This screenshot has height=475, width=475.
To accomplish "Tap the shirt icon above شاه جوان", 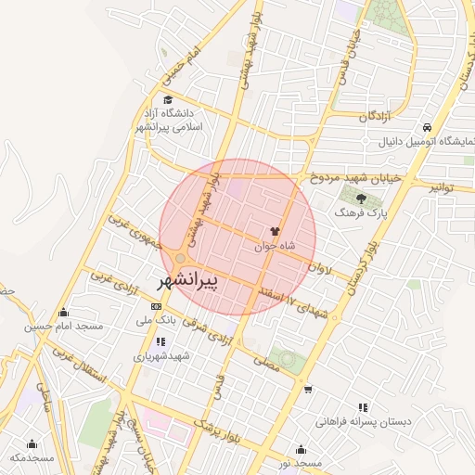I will point(274,231).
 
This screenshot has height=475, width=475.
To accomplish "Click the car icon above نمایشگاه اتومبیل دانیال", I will point(425,127).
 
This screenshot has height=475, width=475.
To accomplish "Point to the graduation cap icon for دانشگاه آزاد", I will point(167,101).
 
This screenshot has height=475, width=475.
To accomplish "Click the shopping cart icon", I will point(308,390).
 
